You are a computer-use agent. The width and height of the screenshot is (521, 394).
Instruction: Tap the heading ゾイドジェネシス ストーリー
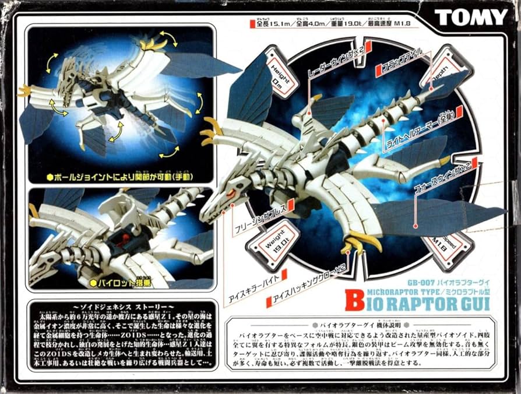119,307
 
